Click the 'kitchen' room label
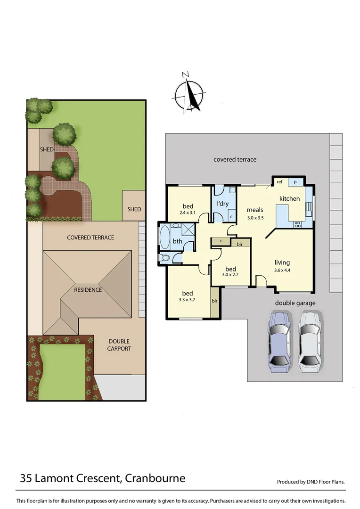289,198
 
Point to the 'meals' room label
254,210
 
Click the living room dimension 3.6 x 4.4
282,270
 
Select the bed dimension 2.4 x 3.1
188,213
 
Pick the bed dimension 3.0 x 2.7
230,277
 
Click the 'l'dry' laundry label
222,204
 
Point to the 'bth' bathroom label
177,241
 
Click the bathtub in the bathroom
165,238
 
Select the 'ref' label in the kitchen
279,182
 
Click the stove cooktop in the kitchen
298,225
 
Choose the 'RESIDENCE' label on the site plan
88,290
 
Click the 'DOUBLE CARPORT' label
119,345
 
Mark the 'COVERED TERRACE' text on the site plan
90,238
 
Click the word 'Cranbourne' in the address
155,478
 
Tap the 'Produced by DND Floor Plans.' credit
311,482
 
